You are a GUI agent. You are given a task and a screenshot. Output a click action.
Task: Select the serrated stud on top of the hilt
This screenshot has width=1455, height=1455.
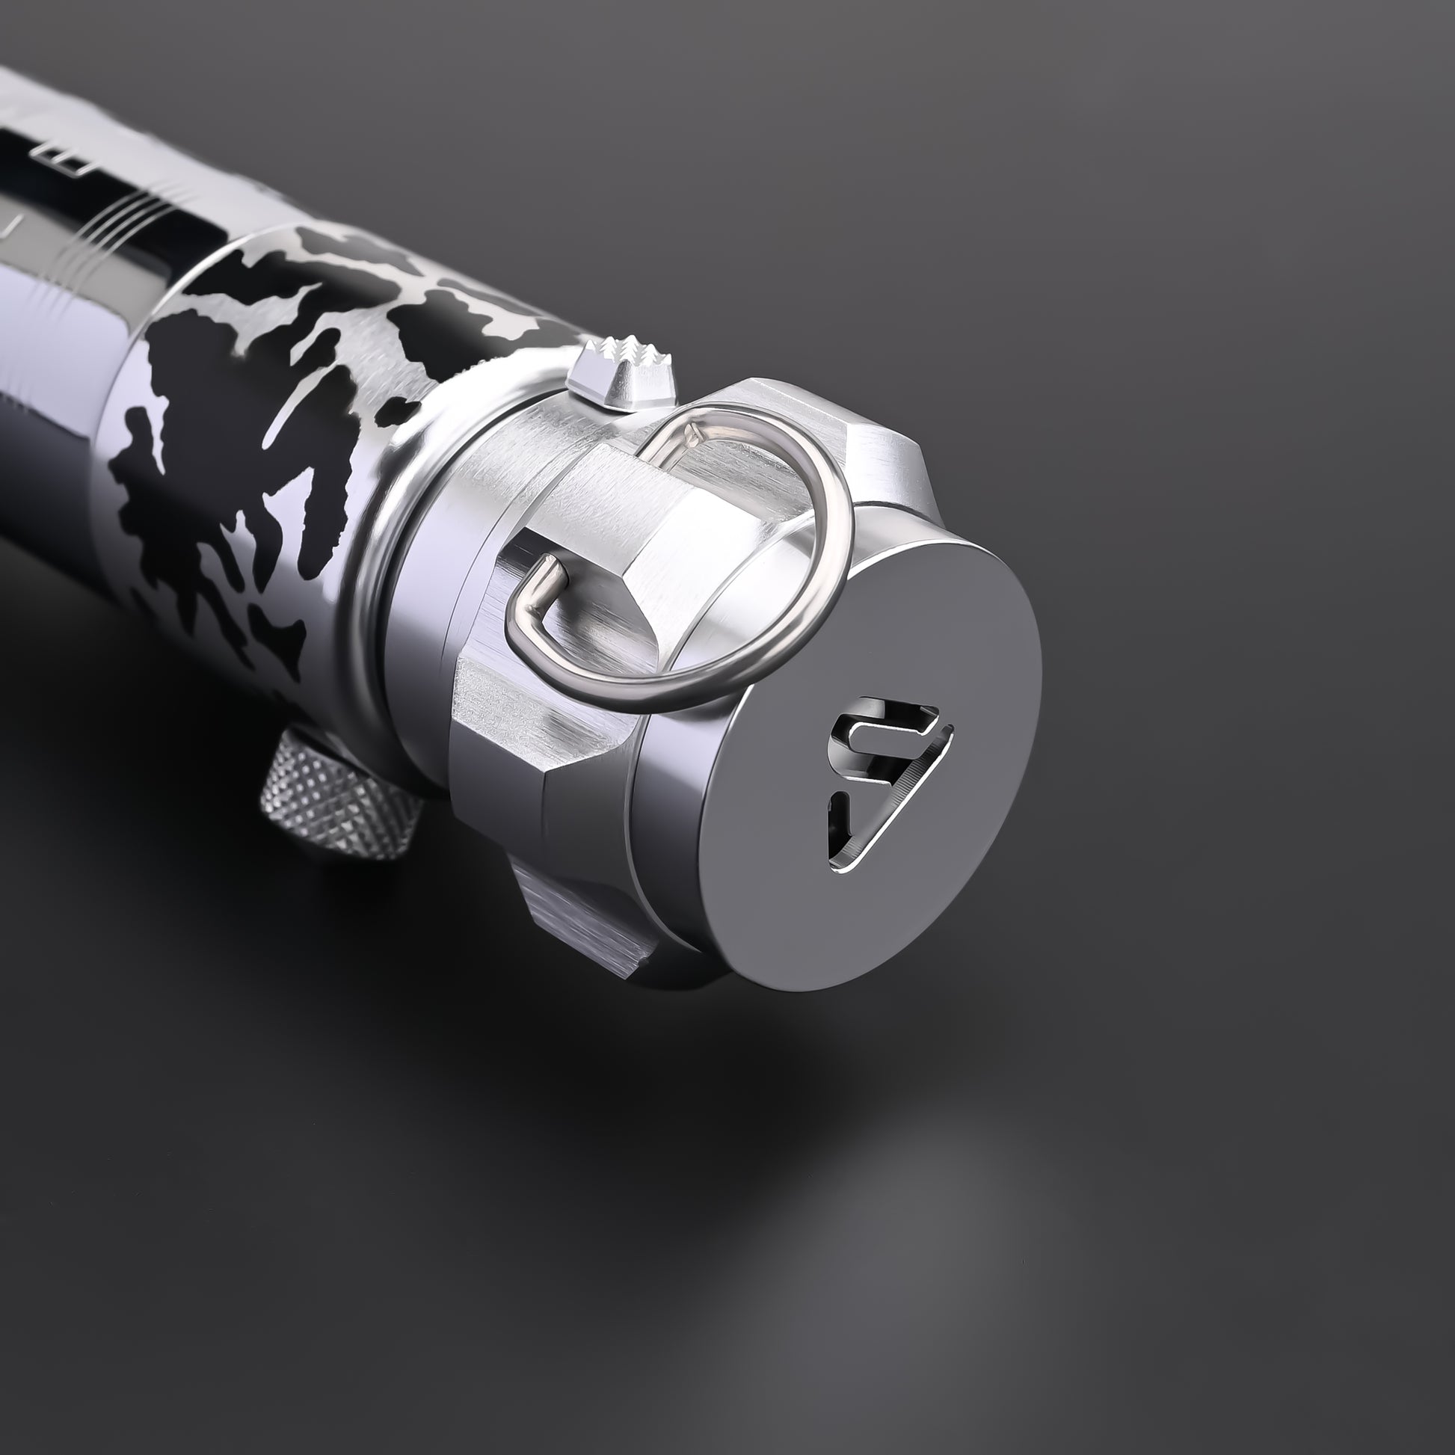pyautogui.click(x=622, y=377)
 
